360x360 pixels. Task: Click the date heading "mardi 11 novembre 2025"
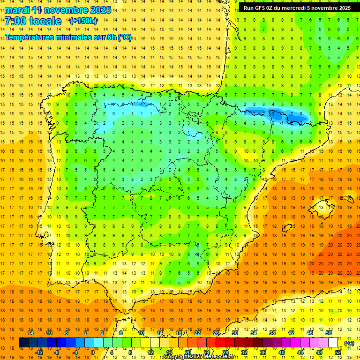(x=58, y=10)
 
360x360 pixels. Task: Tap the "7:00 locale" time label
(x=33, y=21)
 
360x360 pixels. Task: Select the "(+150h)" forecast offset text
(x=83, y=21)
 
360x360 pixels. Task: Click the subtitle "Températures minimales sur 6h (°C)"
(x=68, y=37)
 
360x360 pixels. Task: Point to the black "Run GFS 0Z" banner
(x=297, y=7)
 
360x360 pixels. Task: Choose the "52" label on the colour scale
(x=338, y=352)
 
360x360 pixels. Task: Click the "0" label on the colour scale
(x=93, y=352)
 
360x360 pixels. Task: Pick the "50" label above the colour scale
(x=329, y=333)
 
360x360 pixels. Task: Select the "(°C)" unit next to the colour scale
(x=349, y=343)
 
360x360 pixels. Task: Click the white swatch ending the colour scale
(x=333, y=343)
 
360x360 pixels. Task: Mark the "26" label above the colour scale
(x=216, y=333)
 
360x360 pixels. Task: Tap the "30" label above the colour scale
(x=235, y=333)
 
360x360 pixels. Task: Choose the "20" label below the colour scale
(x=187, y=352)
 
